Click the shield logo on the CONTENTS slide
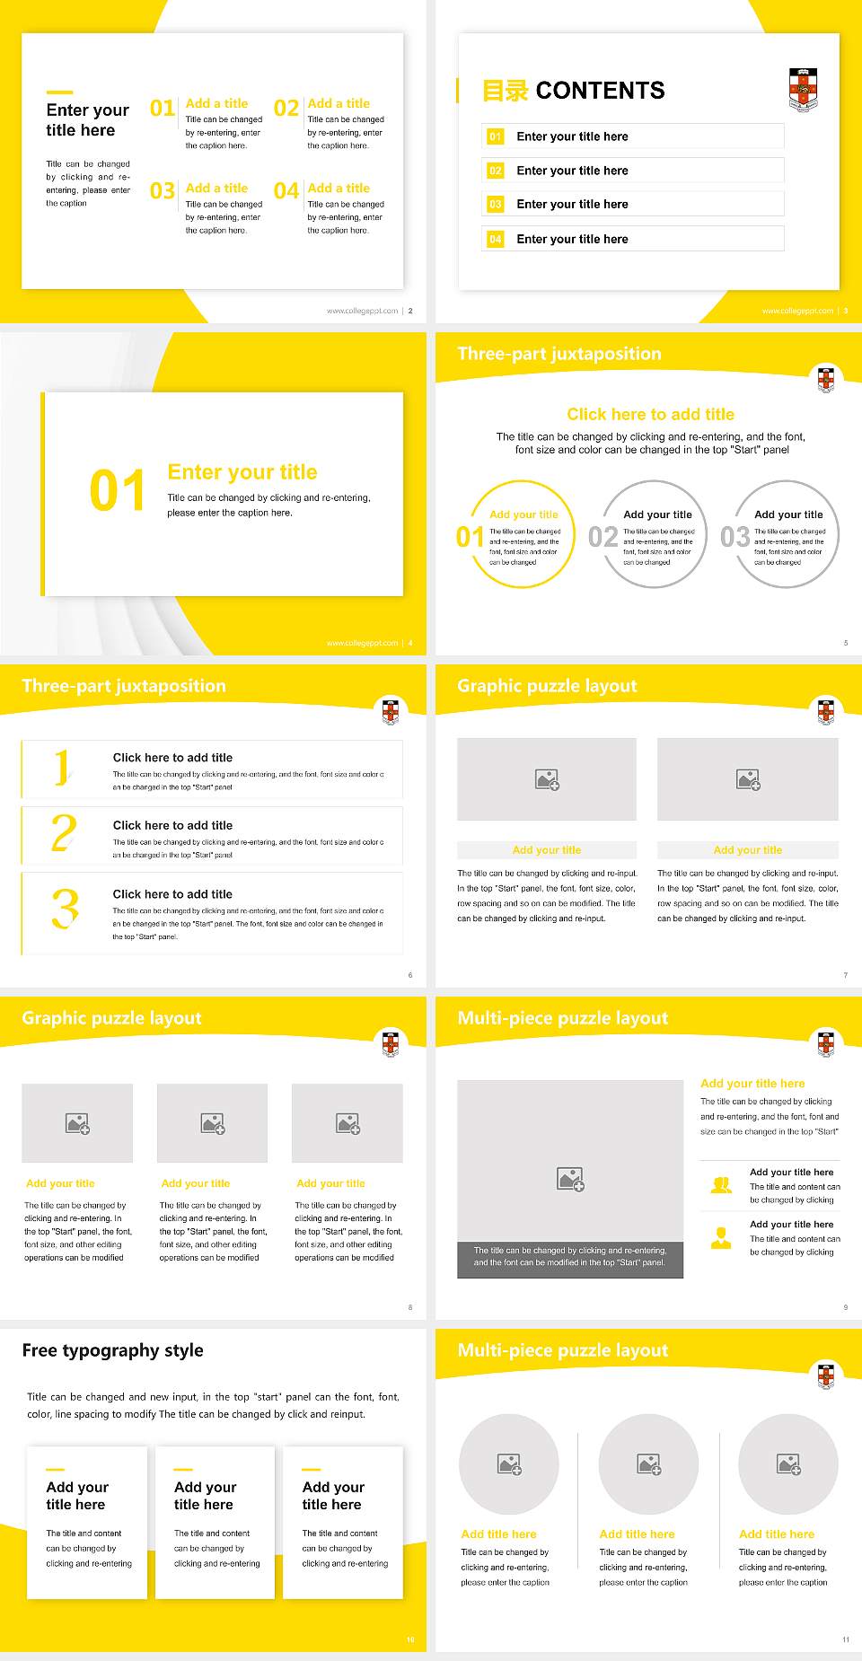tap(803, 90)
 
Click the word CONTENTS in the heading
tap(600, 91)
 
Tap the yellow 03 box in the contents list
tap(496, 205)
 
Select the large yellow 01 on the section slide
tap(117, 491)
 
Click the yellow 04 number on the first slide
tap(286, 191)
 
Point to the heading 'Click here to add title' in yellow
tap(650, 414)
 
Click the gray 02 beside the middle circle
tap(603, 537)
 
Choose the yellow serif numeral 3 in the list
tap(65, 909)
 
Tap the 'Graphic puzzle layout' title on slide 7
tap(547, 686)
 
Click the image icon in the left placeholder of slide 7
tap(547, 779)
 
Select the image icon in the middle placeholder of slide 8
tap(213, 1123)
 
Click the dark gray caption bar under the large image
tap(570, 1256)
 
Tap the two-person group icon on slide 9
tap(721, 1185)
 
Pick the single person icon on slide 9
tap(721, 1238)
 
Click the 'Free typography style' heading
tap(112, 1350)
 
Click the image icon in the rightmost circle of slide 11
tap(788, 1464)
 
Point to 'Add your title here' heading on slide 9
tap(752, 1084)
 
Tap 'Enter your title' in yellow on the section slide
tap(242, 472)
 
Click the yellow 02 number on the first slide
tap(286, 108)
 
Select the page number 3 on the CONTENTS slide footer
tap(846, 311)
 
